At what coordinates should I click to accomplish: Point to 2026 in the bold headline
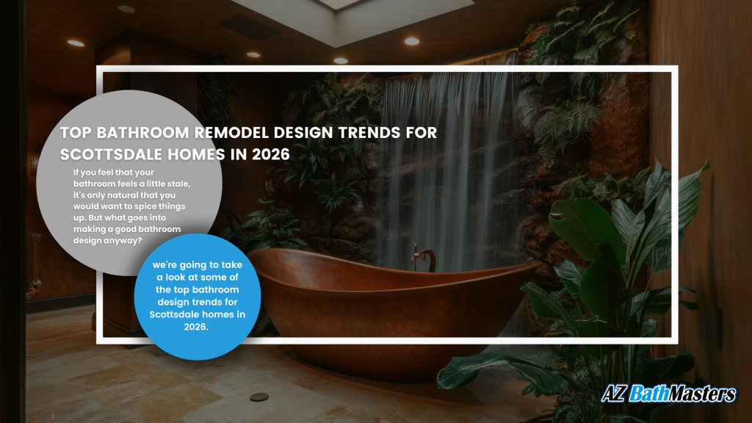271,154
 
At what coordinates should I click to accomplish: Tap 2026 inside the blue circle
195,327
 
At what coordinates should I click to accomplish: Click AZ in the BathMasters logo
613,394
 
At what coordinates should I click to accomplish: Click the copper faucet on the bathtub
423,258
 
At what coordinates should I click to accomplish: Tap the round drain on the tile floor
259,397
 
